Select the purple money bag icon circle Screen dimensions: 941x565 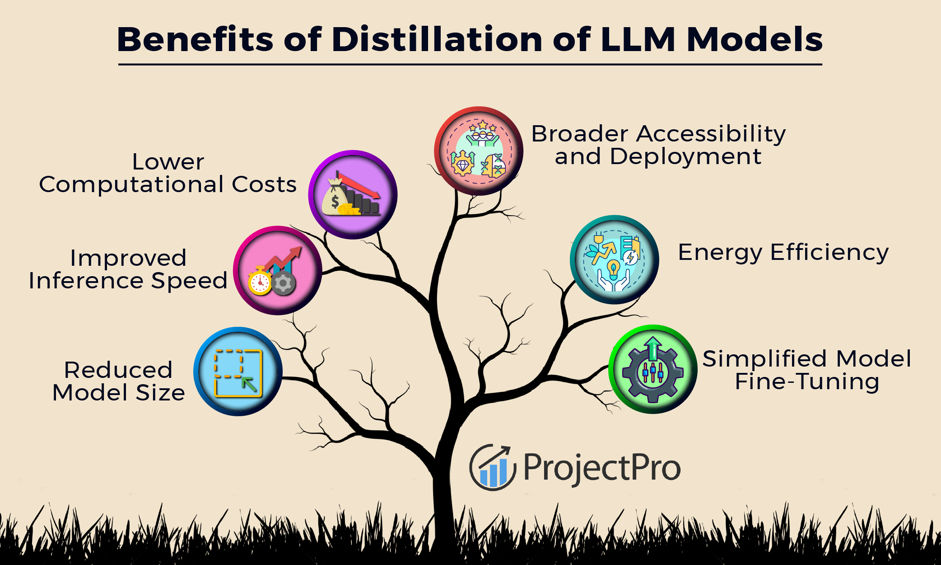[x=353, y=195]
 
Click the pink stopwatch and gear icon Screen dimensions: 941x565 [x=278, y=270]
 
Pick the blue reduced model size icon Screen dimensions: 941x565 [x=238, y=372]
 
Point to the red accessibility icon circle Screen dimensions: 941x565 [x=479, y=151]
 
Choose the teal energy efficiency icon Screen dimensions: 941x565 [x=615, y=259]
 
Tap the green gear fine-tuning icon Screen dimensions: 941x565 [x=653, y=369]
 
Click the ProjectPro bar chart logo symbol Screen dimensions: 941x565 [x=493, y=467]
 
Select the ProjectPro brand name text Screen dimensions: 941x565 [x=602, y=468]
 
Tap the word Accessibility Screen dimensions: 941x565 [x=711, y=134]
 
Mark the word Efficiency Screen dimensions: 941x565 [x=829, y=253]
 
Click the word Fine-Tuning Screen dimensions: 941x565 [x=807, y=381]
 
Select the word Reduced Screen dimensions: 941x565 [x=118, y=370]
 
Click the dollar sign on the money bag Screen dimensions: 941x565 [x=335, y=201]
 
